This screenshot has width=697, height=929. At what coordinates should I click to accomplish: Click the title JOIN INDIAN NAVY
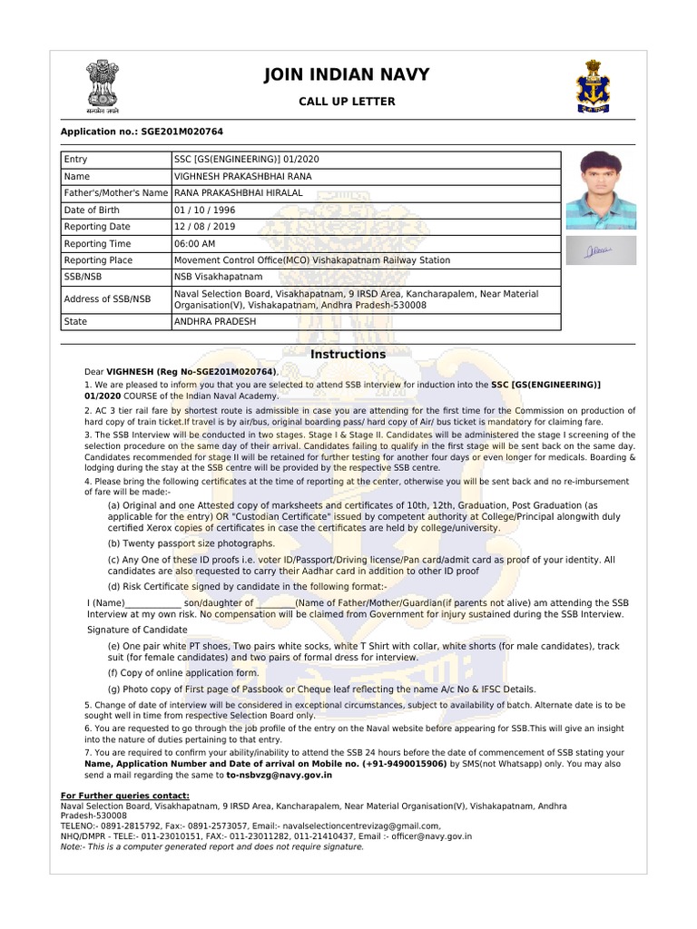[347, 74]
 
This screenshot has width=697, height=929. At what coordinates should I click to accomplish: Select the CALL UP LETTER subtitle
[347, 101]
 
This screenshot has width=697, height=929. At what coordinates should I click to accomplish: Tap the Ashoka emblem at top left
[103, 83]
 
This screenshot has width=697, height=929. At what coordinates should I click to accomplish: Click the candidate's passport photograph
[601, 190]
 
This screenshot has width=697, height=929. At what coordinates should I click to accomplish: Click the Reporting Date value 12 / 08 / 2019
[205, 227]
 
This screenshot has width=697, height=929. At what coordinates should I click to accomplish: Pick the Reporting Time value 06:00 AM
[195, 243]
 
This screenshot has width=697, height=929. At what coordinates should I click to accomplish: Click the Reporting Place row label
[98, 260]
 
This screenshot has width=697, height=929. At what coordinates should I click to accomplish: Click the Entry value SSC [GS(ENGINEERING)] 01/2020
[247, 160]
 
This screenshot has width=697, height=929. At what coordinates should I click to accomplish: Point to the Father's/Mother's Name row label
[116, 193]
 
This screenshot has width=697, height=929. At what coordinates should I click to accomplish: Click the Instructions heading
[348, 355]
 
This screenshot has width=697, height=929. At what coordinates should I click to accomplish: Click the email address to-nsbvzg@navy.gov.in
[279, 776]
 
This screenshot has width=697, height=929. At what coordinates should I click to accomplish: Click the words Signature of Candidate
[137, 629]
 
